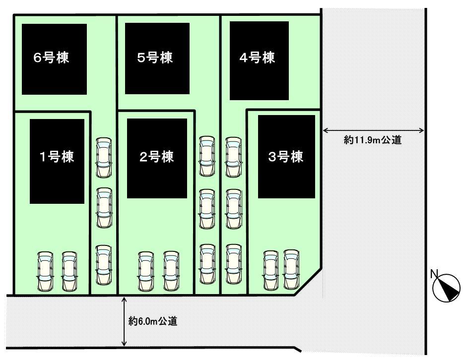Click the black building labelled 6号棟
[54, 59]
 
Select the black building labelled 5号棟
[157, 59]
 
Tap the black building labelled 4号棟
[260, 59]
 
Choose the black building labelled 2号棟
[157, 158]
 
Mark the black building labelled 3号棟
[286, 158]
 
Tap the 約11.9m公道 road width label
[372, 140]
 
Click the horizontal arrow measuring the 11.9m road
[373, 131]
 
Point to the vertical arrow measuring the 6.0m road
[124, 321]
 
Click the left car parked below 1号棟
[45, 271]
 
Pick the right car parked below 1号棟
[69, 271]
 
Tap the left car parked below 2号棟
[145, 271]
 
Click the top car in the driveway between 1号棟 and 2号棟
[104, 157]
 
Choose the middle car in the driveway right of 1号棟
[104, 207]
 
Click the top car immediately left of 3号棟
[233, 157]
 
